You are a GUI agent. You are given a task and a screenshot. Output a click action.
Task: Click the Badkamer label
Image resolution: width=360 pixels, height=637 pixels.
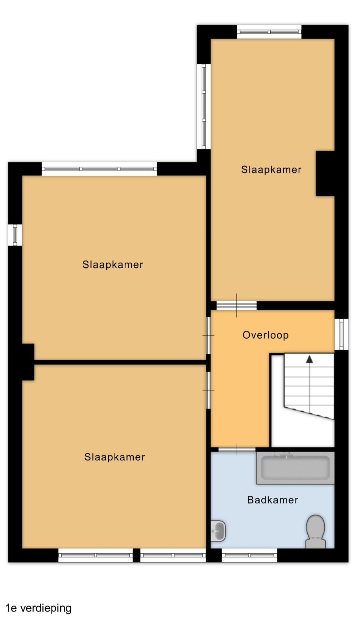(x=272, y=500)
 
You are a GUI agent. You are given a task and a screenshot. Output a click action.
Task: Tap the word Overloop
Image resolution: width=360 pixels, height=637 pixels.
(x=266, y=335)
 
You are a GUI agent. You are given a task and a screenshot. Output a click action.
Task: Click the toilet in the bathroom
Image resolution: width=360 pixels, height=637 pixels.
(x=315, y=531)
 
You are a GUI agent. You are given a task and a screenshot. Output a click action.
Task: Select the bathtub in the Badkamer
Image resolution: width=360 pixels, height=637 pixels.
(x=295, y=468)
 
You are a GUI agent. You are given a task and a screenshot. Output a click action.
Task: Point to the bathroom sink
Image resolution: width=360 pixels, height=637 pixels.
(x=218, y=531)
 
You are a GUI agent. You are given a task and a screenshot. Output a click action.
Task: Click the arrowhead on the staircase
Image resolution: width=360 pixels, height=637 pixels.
(x=309, y=359)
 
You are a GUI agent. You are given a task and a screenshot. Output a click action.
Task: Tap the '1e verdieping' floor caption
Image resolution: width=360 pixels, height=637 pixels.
(x=39, y=608)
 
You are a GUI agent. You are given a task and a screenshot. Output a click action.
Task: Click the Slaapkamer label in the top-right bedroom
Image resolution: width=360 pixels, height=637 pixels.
(x=271, y=169)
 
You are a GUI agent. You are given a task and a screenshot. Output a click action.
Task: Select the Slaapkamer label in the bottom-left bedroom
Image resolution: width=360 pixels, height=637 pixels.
(x=114, y=457)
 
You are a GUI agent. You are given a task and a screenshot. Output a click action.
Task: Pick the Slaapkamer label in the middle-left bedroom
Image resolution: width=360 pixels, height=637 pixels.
(x=113, y=265)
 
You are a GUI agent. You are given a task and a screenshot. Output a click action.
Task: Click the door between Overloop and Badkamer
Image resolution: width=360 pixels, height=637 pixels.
(x=237, y=449)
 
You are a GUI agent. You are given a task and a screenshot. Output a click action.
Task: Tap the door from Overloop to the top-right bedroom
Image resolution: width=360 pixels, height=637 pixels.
(x=236, y=306)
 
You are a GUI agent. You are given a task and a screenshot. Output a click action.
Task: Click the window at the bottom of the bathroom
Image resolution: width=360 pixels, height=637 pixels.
(x=249, y=555)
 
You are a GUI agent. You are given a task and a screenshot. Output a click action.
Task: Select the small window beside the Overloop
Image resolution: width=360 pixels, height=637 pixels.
(x=341, y=334)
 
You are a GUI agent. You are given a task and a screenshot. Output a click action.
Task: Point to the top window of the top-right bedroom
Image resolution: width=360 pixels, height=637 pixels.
(x=269, y=31)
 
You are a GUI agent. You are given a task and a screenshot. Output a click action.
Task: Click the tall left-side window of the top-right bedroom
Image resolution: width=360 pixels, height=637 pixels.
(x=204, y=106)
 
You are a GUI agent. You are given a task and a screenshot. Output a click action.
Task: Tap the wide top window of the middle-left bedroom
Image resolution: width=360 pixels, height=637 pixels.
(x=99, y=169)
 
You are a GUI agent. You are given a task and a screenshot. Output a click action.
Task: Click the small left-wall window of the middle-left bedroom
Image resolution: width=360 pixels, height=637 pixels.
(x=15, y=235)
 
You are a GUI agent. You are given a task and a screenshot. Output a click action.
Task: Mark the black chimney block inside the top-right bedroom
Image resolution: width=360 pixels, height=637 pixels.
(x=325, y=173)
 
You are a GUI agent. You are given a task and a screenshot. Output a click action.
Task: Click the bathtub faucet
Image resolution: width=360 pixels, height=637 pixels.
(x=285, y=455)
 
